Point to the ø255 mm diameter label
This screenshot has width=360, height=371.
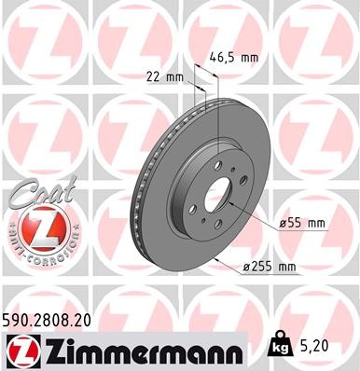coord(269,268)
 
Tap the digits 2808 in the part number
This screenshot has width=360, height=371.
coord(57,320)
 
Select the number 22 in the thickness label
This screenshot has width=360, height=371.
coord(153,76)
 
